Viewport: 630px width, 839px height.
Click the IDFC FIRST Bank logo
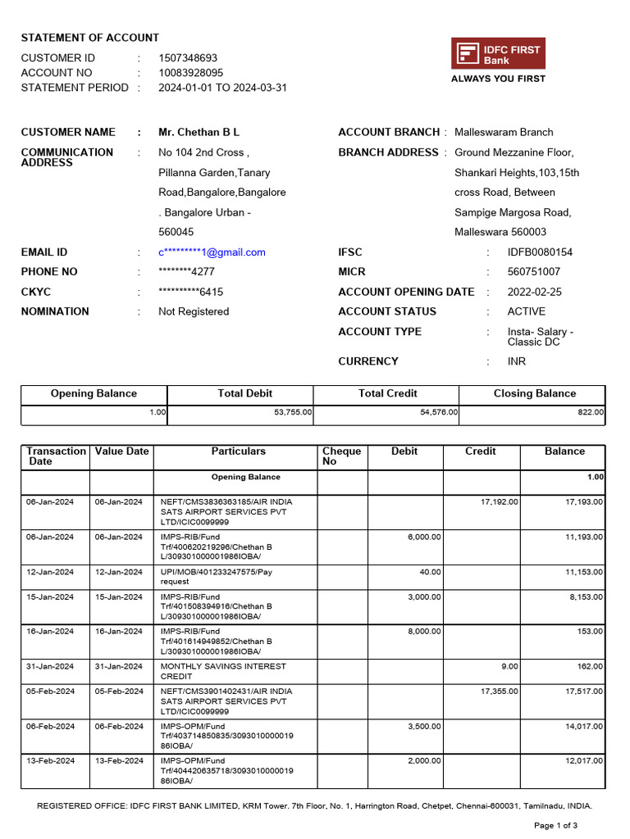click(x=498, y=54)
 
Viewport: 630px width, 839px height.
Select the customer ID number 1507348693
click(x=188, y=58)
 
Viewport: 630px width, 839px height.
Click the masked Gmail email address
click(x=212, y=252)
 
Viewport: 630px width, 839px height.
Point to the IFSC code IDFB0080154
click(x=540, y=252)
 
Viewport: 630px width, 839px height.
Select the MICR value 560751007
click(x=534, y=272)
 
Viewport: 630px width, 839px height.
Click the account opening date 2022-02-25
click(x=535, y=292)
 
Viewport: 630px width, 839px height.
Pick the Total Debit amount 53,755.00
click(x=292, y=413)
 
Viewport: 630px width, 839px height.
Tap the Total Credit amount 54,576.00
click(x=438, y=413)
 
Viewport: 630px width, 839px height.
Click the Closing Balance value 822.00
click(x=591, y=413)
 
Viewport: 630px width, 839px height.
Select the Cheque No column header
click(x=341, y=456)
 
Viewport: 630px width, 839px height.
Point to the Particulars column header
click(x=239, y=451)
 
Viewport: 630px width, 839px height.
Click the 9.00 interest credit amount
click(x=510, y=667)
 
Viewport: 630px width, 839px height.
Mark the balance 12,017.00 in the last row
click(x=584, y=761)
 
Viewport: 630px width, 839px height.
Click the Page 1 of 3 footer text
click(x=556, y=825)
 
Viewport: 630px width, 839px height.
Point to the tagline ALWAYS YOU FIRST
click(x=498, y=79)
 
